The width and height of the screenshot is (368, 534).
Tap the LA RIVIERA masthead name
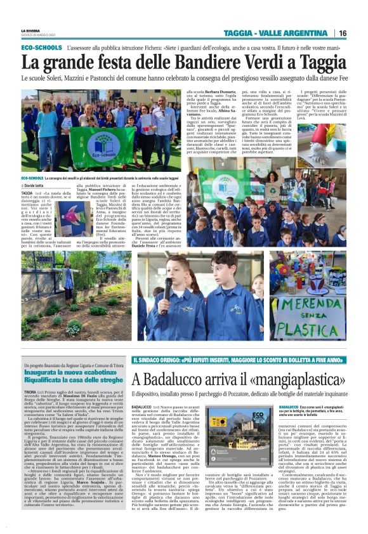(x=31, y=30)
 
